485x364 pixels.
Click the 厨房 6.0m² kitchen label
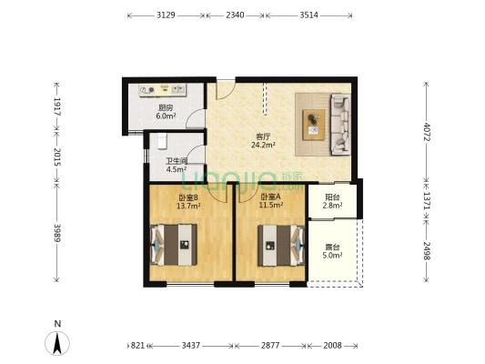pos(167,112)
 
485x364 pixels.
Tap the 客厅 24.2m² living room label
pos(263,140)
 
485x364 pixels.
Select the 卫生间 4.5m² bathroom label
pos(177,165)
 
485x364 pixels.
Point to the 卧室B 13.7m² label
pos(188,201)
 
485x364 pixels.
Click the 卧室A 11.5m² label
pos(271,201)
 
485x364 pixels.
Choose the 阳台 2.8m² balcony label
pos(332,201)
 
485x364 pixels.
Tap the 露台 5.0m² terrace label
pos(332,251)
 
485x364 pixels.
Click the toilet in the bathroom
pos(162,141)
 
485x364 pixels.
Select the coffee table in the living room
pos(314,125)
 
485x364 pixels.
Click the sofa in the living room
pos(341,125)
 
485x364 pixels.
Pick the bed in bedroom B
pos(174,245)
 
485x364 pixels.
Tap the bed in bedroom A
pos(281,246)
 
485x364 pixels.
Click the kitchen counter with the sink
pos(162,90)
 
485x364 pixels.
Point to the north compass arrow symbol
pos(57,343)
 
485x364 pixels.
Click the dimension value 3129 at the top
pos(166,15)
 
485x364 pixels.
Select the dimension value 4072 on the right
pos(427,131)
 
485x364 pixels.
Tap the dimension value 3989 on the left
pos(57,233)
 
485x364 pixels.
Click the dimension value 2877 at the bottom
pos(270,346)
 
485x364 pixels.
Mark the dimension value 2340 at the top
pos(235,15)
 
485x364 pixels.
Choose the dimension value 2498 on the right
pos(427,250)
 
